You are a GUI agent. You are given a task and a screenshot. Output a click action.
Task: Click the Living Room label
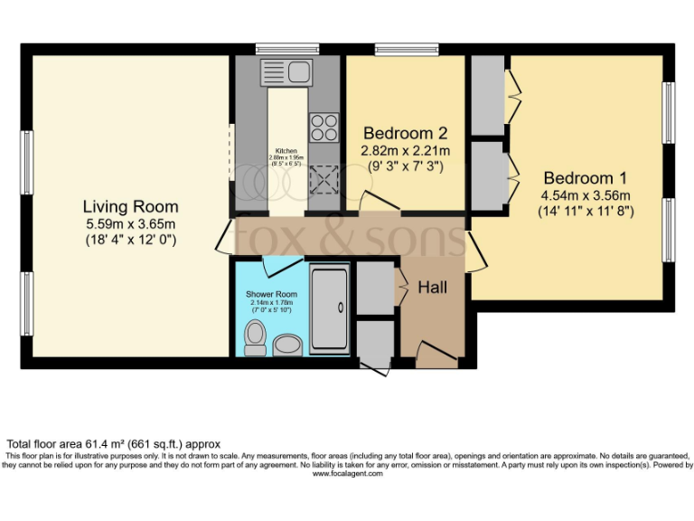pyautogui.click(x=130, y=206)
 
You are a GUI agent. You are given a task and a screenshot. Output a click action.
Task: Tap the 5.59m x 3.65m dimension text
pyautogui.click(x=130, y=224)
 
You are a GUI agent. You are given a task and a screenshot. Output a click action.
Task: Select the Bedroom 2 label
pyautogui.click(x=406, y=133)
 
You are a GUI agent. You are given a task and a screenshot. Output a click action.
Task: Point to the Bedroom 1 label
pyautogui.click(x=585, y=178)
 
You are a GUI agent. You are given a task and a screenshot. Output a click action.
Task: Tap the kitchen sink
pyautogui.click(x=286, y=71)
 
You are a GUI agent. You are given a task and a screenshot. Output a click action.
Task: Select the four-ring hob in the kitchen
pyautogui.click(x=323, y=128)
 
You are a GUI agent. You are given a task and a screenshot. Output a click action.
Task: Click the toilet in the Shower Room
pyautogui.click(x=255, y=338)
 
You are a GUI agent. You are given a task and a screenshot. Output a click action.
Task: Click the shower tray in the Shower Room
pyautogui.click(x=329, y=308)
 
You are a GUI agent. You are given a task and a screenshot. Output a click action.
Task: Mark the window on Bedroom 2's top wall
pyautogui.click(x=406, y=49)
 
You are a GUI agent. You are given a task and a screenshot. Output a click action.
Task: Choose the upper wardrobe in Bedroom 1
pyautogui.click(x=487, y=95)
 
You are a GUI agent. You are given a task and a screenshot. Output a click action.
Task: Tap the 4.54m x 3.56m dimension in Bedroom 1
pyautogui.click(x=585, y=195)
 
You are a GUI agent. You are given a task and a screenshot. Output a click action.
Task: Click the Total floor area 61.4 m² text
pyautogui.click(x=114, y=444)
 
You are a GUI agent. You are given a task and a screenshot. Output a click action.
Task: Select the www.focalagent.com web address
pyautogui.click(x=347, y=473)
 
